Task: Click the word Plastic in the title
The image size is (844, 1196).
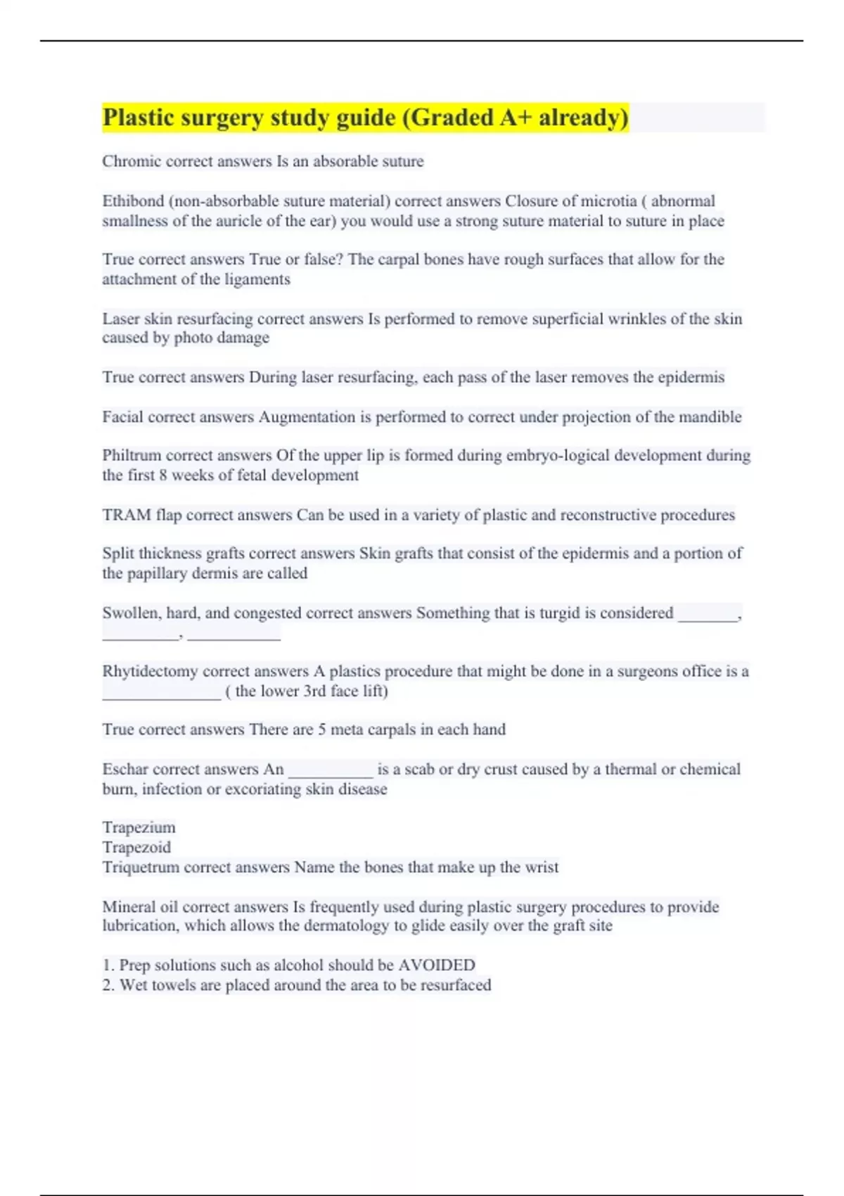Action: click(138, 117)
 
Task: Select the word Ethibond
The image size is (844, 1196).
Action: click(133, 201)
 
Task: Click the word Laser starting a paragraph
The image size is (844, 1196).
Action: click(120, 319)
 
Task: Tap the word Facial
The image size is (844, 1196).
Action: click(122, 417)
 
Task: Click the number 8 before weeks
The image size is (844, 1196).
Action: click(162, 476)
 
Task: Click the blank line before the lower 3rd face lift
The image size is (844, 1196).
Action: click(162, 694)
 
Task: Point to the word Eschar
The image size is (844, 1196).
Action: click(124, 770)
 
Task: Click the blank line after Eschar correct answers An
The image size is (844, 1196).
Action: click(331, 772)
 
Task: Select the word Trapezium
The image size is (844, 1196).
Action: click(139, 828)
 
